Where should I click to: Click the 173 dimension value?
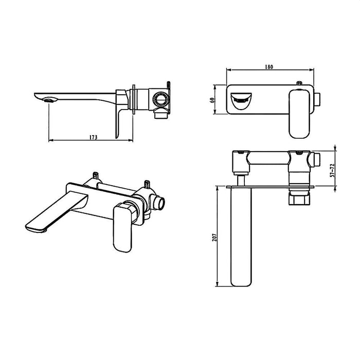click(x=93, y=137)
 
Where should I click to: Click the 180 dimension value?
click(x=268, y=67)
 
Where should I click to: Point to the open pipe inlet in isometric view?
click(x=161, y=203)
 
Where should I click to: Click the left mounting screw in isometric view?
click(x=96, y=177)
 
